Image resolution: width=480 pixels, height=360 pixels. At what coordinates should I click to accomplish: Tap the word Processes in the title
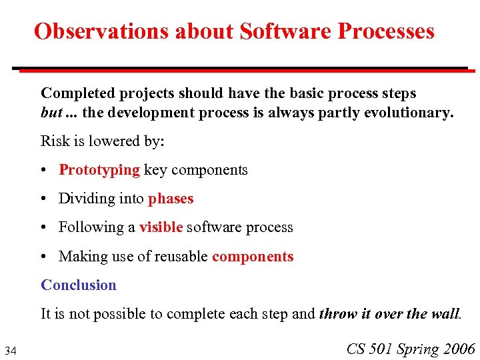386,31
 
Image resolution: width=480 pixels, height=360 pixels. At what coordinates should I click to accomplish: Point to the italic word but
51,113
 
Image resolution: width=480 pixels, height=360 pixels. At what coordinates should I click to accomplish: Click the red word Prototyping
99,170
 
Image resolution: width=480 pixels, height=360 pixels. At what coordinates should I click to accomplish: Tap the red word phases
171,199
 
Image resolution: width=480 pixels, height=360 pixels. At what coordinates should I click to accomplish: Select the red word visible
161,227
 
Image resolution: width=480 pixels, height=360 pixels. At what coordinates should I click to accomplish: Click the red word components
253,257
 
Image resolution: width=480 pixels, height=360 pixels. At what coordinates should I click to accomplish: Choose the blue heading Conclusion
79,285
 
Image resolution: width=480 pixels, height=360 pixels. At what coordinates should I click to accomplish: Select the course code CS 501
369,349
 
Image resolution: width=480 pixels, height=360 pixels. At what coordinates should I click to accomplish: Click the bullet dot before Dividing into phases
43,199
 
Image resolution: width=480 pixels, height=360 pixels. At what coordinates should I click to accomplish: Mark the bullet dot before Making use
43,257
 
